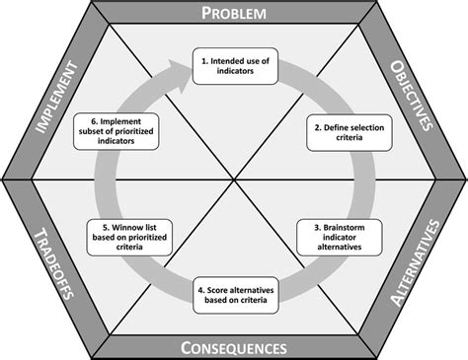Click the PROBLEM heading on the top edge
pyautogui.click(x=233, y=13)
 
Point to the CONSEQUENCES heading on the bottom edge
pyautogui.click(x=233, y=347)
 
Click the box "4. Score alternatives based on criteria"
pyautogui.click(x=234, y=296)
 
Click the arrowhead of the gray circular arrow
pyautogui.click(x=181, y=68)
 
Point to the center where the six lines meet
pyautogui.click(x=233, y=180)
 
